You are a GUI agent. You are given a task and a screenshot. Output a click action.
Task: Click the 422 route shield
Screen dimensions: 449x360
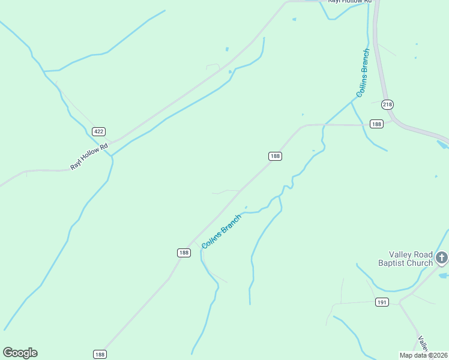click(99, 131)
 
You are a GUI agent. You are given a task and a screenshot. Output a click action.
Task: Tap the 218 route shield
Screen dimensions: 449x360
click(387, 104)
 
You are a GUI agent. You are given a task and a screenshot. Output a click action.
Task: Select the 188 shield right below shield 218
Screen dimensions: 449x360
click(376, 124)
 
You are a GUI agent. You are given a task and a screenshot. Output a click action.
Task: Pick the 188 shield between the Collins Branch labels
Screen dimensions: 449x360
click(275, 156)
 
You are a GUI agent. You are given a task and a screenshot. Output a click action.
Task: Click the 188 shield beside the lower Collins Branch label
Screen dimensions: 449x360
click(184, 253)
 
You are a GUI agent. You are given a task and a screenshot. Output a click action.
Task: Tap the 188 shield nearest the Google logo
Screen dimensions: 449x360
click(100, 355)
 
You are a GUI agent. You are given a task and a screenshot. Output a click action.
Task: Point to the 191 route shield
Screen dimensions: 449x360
click(382, 302)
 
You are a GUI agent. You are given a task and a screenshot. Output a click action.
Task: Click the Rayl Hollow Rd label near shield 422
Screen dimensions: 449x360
click(88, 156)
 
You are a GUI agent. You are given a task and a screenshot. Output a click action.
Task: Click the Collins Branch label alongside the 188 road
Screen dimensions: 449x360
click(221, 232)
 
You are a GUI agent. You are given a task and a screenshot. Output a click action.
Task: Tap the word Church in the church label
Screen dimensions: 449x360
click(421, 263)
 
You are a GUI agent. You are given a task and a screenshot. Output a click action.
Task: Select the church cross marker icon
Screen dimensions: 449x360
click(442, 258)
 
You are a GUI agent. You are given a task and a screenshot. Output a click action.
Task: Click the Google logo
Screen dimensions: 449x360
click(20, 353)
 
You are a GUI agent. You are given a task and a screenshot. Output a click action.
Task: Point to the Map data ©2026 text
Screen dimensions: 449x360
click(424, 355)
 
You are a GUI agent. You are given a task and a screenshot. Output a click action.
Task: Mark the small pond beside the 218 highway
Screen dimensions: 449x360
click(443, 145)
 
